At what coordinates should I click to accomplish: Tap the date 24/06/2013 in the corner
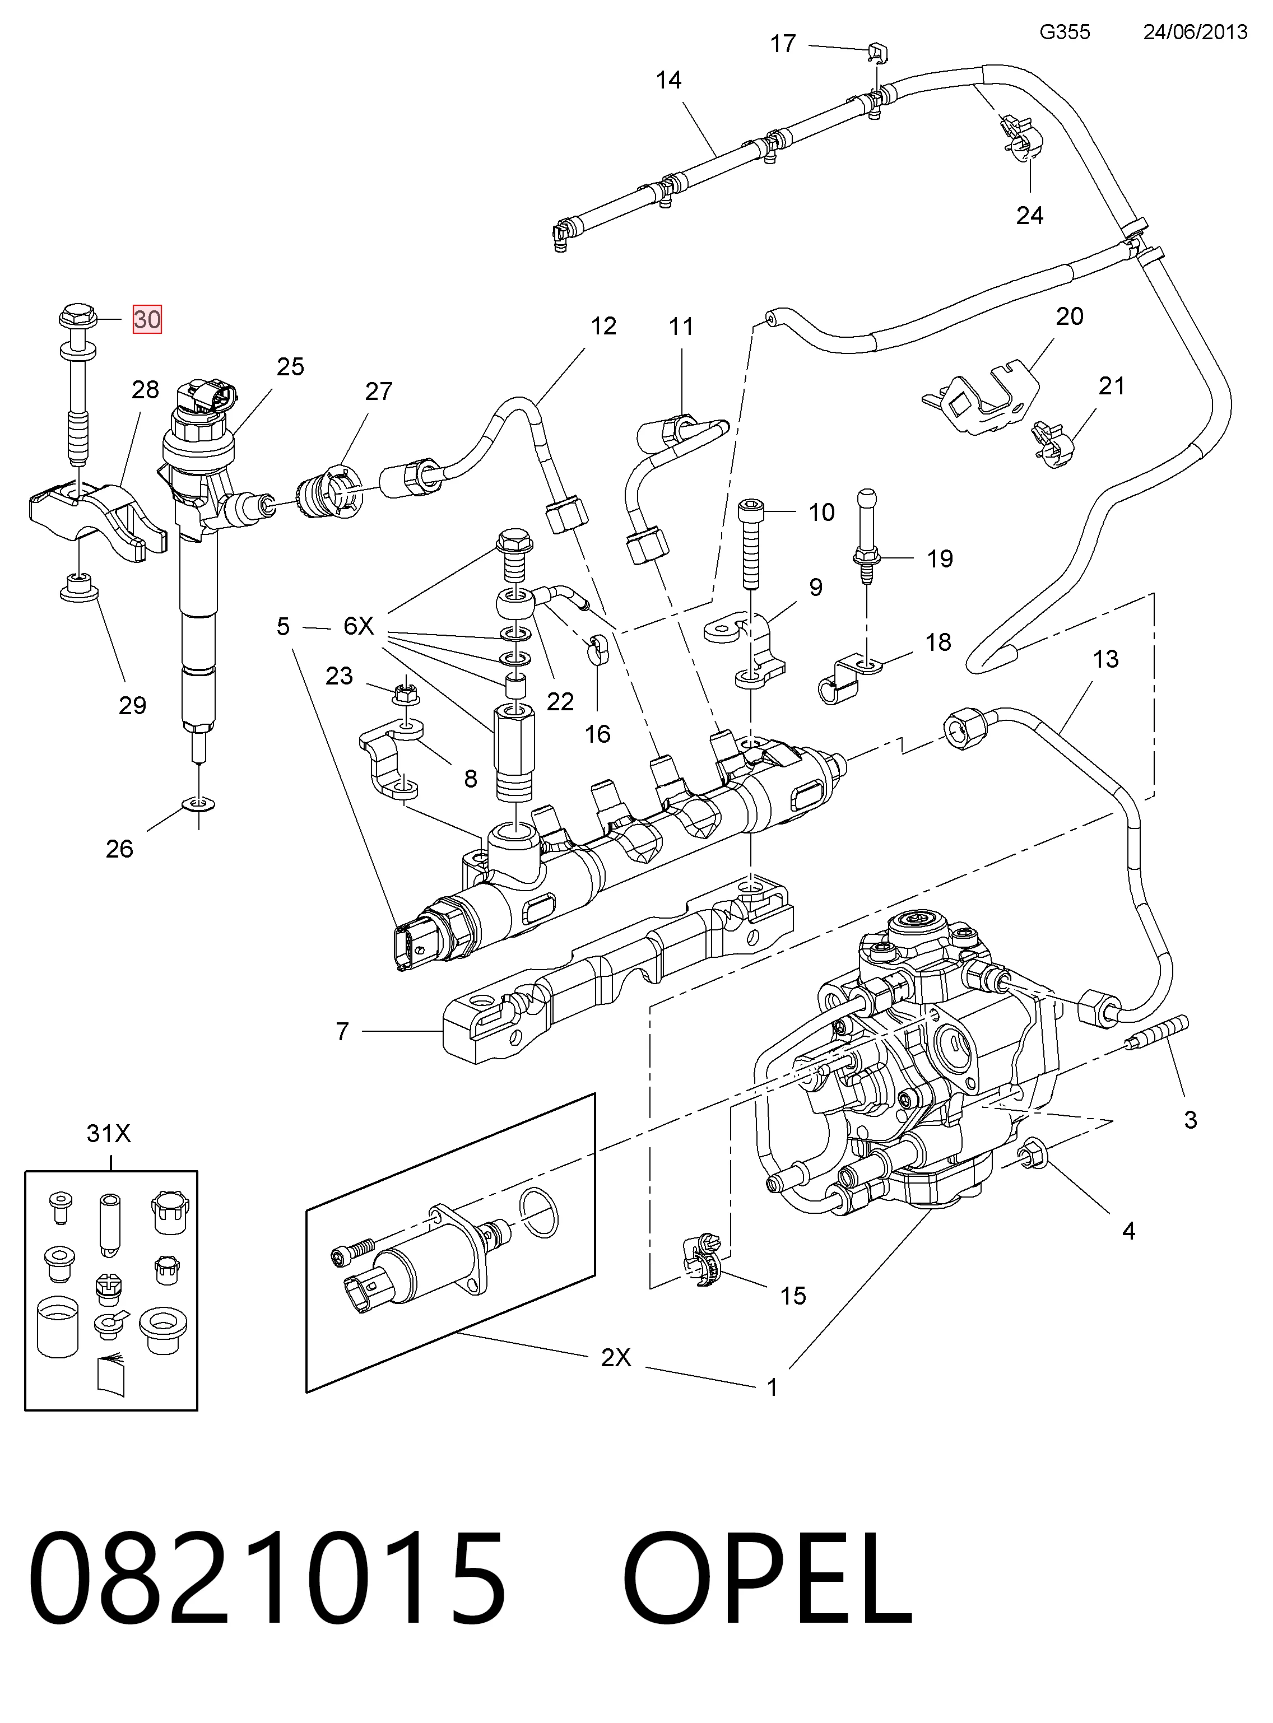[1195, 31]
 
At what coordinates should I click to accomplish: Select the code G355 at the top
[1064, 31]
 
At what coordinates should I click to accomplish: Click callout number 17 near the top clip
[783, 44]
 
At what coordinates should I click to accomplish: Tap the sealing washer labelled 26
[199, 805]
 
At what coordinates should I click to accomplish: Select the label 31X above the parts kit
[109, 1134]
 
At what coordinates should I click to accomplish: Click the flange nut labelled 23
[405, 693]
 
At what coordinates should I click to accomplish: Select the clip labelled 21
[1053, 445]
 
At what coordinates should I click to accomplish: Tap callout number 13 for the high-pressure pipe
[1105, 659]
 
